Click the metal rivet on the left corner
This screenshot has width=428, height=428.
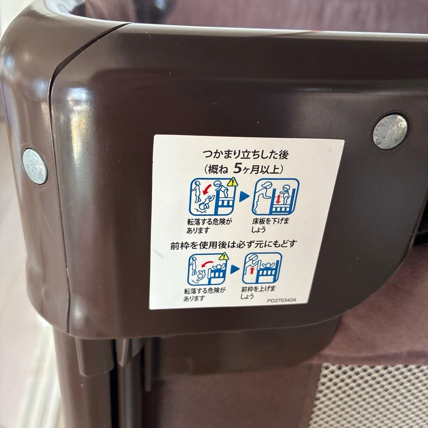tap(34, 166)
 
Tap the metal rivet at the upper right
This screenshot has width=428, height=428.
tap(390, 132)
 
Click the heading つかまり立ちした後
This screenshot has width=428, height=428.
tap(245, 155)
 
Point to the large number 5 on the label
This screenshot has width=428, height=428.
tap(237, 169)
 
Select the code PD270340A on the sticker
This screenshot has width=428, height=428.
tap(281, 300)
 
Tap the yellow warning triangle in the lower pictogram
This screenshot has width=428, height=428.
tap(224, 256)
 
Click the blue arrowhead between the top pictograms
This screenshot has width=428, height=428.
tap(244, 197)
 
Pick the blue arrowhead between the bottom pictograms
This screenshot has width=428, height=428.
tap(235, 269)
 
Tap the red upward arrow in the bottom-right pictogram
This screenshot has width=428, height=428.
tap(252, 271)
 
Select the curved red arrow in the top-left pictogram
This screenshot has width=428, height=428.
tap(207, 189)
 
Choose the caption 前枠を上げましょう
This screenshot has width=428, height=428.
tap(258, 292)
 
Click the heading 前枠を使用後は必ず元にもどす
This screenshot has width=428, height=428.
tap(233, 244)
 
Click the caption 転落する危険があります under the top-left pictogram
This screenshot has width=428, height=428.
tap(209, 226)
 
